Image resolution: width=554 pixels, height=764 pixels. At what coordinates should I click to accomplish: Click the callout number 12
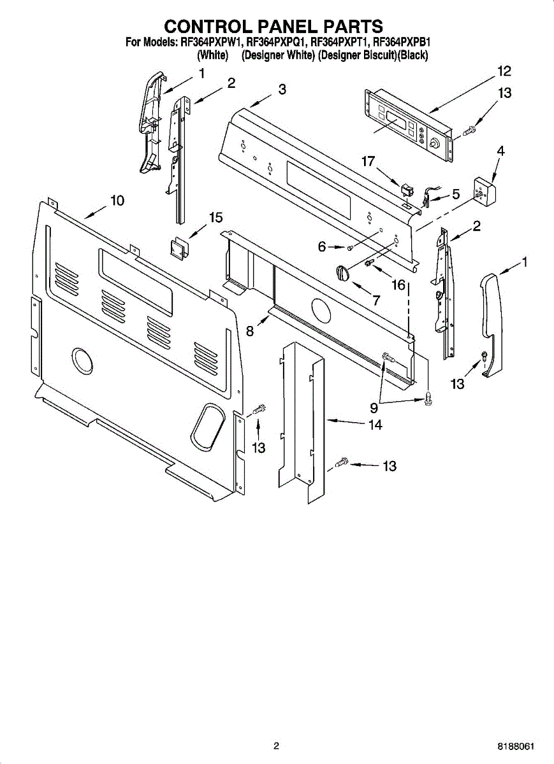(504, 71)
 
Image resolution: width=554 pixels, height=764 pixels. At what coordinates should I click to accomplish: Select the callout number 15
(215, 218)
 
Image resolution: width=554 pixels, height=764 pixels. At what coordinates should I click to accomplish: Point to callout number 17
(368, 162)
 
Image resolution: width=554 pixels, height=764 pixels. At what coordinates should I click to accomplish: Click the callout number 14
(375, 425)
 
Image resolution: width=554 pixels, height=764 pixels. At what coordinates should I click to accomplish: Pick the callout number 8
(250, 331)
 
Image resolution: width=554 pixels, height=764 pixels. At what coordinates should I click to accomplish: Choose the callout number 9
(374, 408)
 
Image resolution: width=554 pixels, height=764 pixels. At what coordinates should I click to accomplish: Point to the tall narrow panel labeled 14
(302, 420)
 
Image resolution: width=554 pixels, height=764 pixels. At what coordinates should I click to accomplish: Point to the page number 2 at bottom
(276, 746)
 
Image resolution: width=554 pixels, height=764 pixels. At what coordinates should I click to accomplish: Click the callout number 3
(281, 90)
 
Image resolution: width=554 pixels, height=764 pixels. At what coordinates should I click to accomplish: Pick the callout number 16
(398, 284)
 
